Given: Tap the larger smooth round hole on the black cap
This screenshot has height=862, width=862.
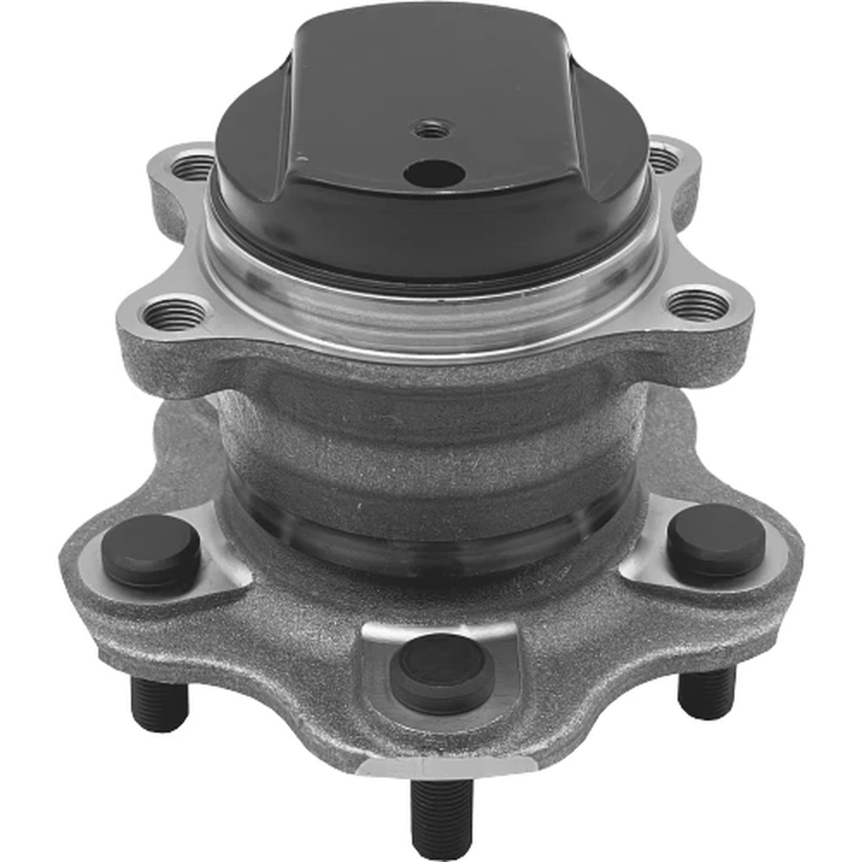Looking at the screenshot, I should [x=434, y=174].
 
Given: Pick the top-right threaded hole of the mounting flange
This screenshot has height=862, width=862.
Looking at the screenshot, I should [x=663, y=159].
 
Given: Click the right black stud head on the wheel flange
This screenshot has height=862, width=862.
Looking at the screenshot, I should [x=716, y=541].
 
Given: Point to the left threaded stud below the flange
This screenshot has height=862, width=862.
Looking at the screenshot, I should [x=159, y=703].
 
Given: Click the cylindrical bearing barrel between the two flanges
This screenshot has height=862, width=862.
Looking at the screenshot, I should [x=431, y=448].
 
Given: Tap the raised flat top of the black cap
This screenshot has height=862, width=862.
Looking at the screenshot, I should [x=431, y=78].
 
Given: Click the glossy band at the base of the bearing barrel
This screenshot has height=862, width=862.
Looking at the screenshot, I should [x=431, y=539].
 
